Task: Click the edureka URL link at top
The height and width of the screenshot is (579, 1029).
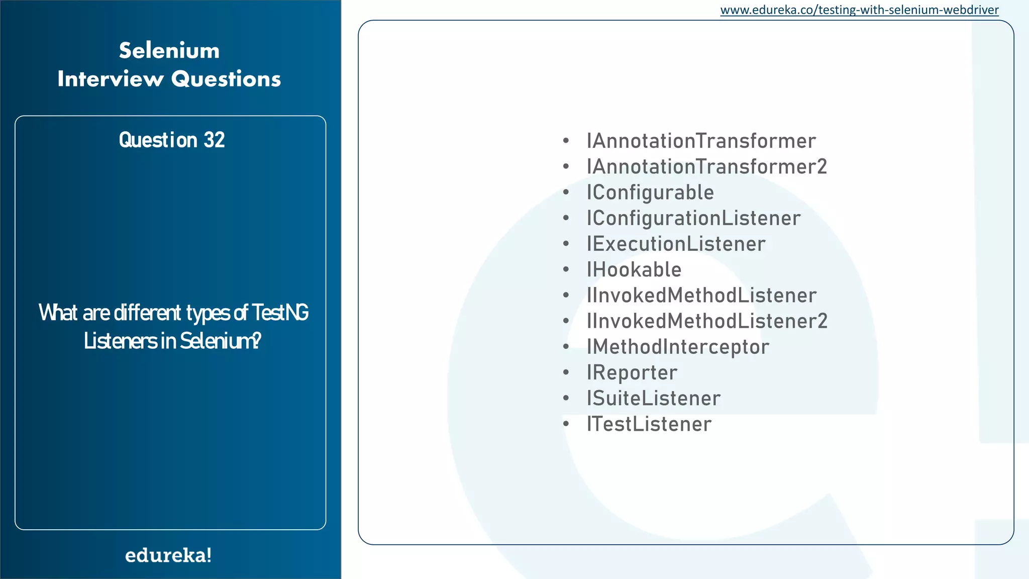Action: click(x=859, y=10)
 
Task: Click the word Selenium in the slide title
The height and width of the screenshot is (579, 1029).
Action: click(x=169, y=51)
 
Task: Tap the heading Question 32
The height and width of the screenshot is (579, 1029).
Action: click(x=171, y=140)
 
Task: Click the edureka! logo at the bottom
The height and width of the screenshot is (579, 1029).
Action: click(x=168, y=555)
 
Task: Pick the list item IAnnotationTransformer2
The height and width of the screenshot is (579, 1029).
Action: click(x=706, y=167)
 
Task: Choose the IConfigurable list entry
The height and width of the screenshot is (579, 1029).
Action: click(x=650, y=192)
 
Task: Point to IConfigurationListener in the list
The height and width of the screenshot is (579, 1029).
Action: click(x=693, y=218)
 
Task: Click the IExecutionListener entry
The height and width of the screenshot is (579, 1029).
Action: click(x=676, y=244)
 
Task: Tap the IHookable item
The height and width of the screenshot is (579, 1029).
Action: click(x=634, y=270)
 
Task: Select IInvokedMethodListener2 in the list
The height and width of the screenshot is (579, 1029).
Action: click(x=707, y=321)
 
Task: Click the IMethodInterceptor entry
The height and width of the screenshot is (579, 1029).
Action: click(x=678, y=347)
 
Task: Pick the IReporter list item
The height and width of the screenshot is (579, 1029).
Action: click(x=632, y=373)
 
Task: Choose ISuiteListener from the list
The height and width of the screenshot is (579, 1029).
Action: click(x=653, y=399)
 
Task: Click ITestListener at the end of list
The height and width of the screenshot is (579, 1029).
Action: click(x=649, y=424)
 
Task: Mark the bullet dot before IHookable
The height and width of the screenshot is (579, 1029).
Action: click(x=566, y=270)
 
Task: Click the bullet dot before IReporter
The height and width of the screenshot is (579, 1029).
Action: click(x=566, y=373)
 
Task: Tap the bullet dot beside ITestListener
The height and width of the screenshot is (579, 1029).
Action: click(x=566, y=424)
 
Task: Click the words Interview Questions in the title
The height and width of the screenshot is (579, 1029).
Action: click(x=169, y=79)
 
